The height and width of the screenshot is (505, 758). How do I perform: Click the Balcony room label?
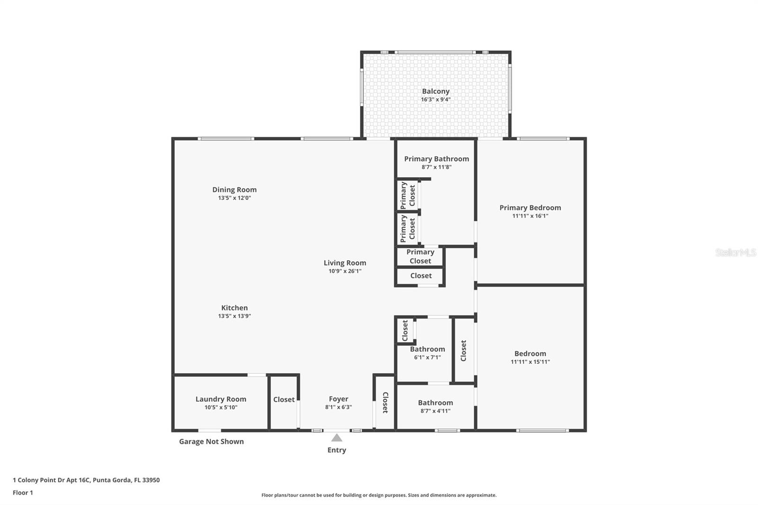tap(435, 91)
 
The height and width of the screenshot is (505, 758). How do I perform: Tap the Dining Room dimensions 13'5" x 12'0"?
tap(235, 198)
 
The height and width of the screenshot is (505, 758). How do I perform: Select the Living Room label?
tap(345, 262)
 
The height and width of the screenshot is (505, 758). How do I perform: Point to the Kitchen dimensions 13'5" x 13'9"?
tap(235, 316)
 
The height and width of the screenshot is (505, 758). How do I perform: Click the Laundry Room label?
tap(221, 399)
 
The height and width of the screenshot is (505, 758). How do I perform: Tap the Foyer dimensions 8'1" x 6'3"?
tap(338, 407)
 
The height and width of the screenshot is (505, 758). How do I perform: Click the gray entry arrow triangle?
tap(337, 438)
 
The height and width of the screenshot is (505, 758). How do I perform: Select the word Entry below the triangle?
tap(337, 450)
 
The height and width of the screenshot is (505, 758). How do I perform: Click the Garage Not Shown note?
tap(211, 442)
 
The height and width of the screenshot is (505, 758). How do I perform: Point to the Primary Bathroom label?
tap(436, 159)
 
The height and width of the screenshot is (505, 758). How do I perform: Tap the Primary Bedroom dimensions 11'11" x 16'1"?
tap(530, 216)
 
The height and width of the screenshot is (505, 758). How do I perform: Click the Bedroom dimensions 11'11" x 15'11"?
tap(530, 362)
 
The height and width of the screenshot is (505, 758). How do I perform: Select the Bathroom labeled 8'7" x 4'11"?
tap(435, 403)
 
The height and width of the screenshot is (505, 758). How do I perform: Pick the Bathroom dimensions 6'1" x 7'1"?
tap(427, 357)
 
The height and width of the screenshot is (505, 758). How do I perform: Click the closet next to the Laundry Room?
tap(284, 399)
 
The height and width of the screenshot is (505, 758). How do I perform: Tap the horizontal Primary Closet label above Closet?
tap(420, 256)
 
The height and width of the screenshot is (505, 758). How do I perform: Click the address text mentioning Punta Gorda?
tap(86, 480)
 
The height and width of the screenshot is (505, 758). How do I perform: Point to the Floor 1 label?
tap(23, 493)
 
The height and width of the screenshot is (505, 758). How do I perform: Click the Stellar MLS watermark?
tap(735, 252)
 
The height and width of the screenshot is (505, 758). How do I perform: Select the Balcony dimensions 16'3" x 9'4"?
tap(435, 99)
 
